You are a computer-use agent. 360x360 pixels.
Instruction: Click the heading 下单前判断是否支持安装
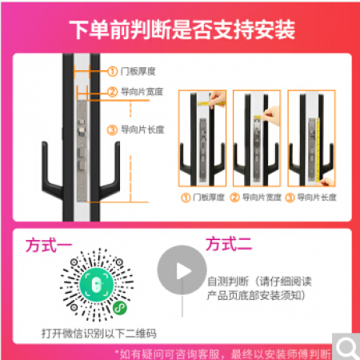182,30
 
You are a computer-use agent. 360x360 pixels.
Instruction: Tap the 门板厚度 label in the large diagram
138,71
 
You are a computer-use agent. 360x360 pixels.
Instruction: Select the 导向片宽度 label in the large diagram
142,92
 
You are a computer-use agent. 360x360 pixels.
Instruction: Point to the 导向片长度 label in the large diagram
142,130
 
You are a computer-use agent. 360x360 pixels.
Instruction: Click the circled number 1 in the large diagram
112,71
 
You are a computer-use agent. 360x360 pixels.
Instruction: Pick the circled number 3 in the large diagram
112,130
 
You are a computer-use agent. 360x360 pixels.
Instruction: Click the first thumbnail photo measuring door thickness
202,138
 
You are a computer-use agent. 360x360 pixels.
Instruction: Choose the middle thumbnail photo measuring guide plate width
257,138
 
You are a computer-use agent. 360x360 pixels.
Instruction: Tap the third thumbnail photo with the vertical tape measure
311,138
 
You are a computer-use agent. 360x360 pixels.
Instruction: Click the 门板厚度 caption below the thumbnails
209,198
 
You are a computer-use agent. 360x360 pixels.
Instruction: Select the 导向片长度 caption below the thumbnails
317,198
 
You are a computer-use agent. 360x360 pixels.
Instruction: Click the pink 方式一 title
49,246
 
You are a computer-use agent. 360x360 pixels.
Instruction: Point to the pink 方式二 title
229,244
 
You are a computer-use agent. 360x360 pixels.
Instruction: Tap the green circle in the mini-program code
97,284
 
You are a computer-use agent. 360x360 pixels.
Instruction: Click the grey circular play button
182,270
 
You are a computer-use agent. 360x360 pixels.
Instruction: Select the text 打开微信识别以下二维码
99,334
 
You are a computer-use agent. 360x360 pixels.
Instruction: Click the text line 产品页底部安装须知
256,295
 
